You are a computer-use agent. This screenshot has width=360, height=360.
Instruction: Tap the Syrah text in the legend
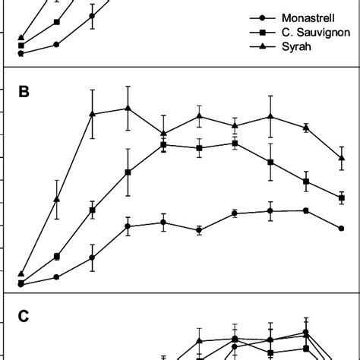pyautogui.click(x=296, y=46)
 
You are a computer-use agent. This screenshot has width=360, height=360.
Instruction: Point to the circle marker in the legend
pyautogui.click(x=263, y=17)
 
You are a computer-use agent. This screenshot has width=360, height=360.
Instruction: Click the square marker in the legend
pyautogui.click(x=263, y=32)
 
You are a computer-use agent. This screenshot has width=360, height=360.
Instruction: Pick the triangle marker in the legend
pyautogui.click(x=263, y=46)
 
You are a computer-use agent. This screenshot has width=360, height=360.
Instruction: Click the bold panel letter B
pyautogui.click(x=24, y=93)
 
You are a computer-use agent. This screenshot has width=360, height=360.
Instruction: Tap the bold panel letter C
pyautogui.click(x=24, y=317)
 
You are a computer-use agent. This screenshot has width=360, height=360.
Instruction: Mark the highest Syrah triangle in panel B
pyautogui.click(x=128, y=109)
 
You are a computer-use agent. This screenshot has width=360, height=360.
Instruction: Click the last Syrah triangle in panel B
pyautogui.click(x=342, y=158)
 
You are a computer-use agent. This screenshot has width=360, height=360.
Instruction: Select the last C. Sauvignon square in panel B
pyautogui.click(x=342, y=197)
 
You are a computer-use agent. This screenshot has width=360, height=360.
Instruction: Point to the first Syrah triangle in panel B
pyautogui.click(x=21, y=273)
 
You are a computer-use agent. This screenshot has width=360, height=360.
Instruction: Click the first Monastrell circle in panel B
pyautogui.click(x=21, y=284)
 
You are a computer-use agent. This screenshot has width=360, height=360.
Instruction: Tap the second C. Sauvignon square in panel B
pyautogui.click(x=57, y=257)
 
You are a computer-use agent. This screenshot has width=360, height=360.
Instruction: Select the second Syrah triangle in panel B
pyautogui.click(x=57, y=199)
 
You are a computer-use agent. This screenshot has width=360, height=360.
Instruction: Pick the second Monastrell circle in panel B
pyautogui.click(x=57, y=277)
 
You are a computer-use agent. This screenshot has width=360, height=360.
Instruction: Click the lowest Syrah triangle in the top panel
pyautogui.click(x=21, y=37)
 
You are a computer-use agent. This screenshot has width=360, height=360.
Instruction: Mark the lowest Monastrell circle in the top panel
pyautogui.click(x=21, y=53)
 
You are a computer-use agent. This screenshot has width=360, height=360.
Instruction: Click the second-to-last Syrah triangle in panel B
pyautogui.click(x=306, y=128)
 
